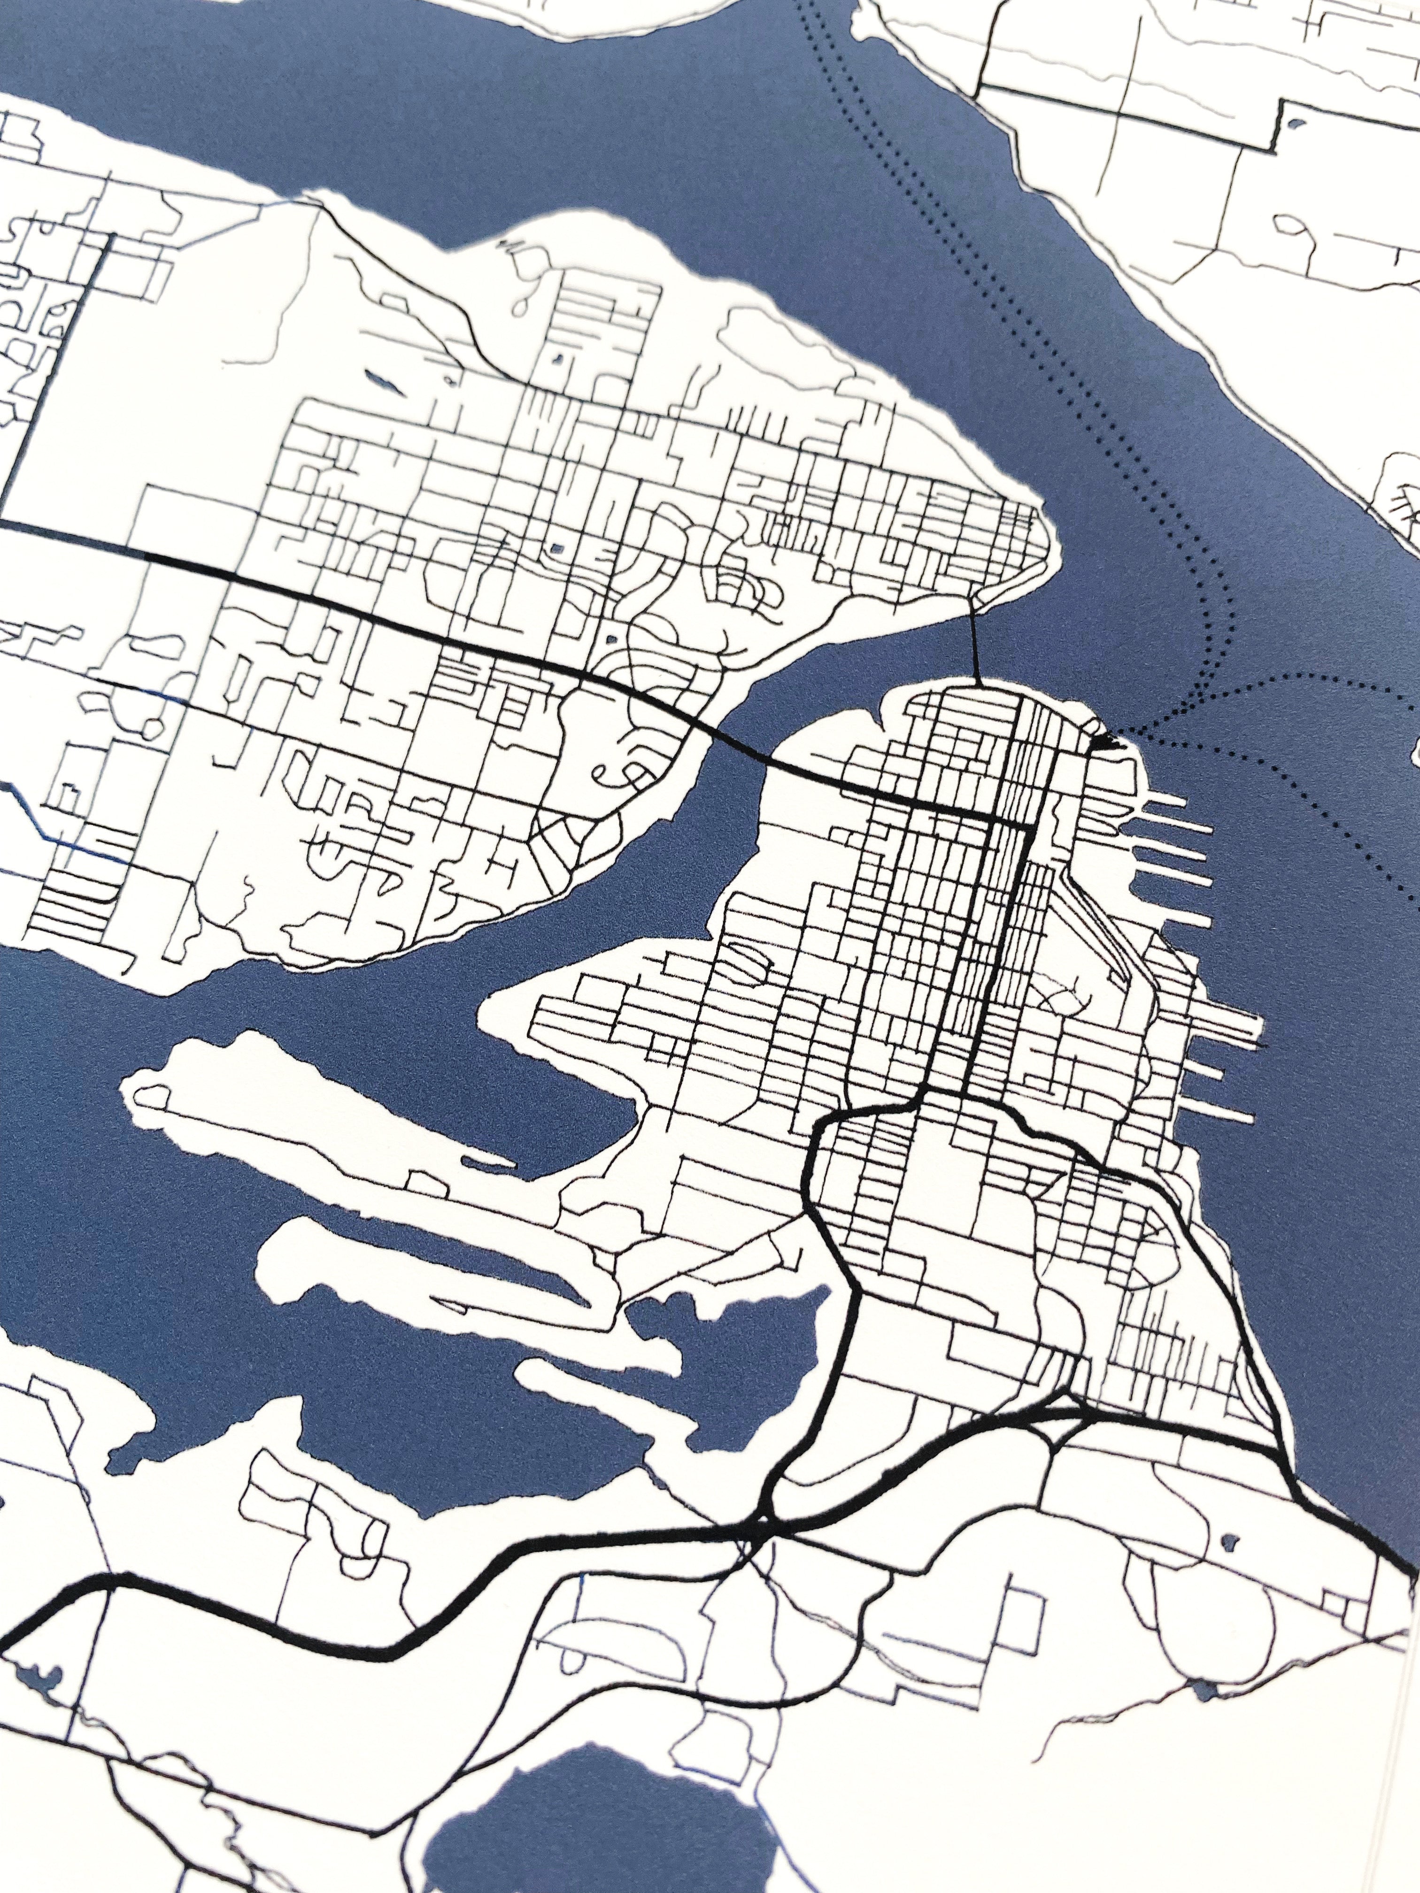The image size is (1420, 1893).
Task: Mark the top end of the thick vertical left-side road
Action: [x=108, y=235]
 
